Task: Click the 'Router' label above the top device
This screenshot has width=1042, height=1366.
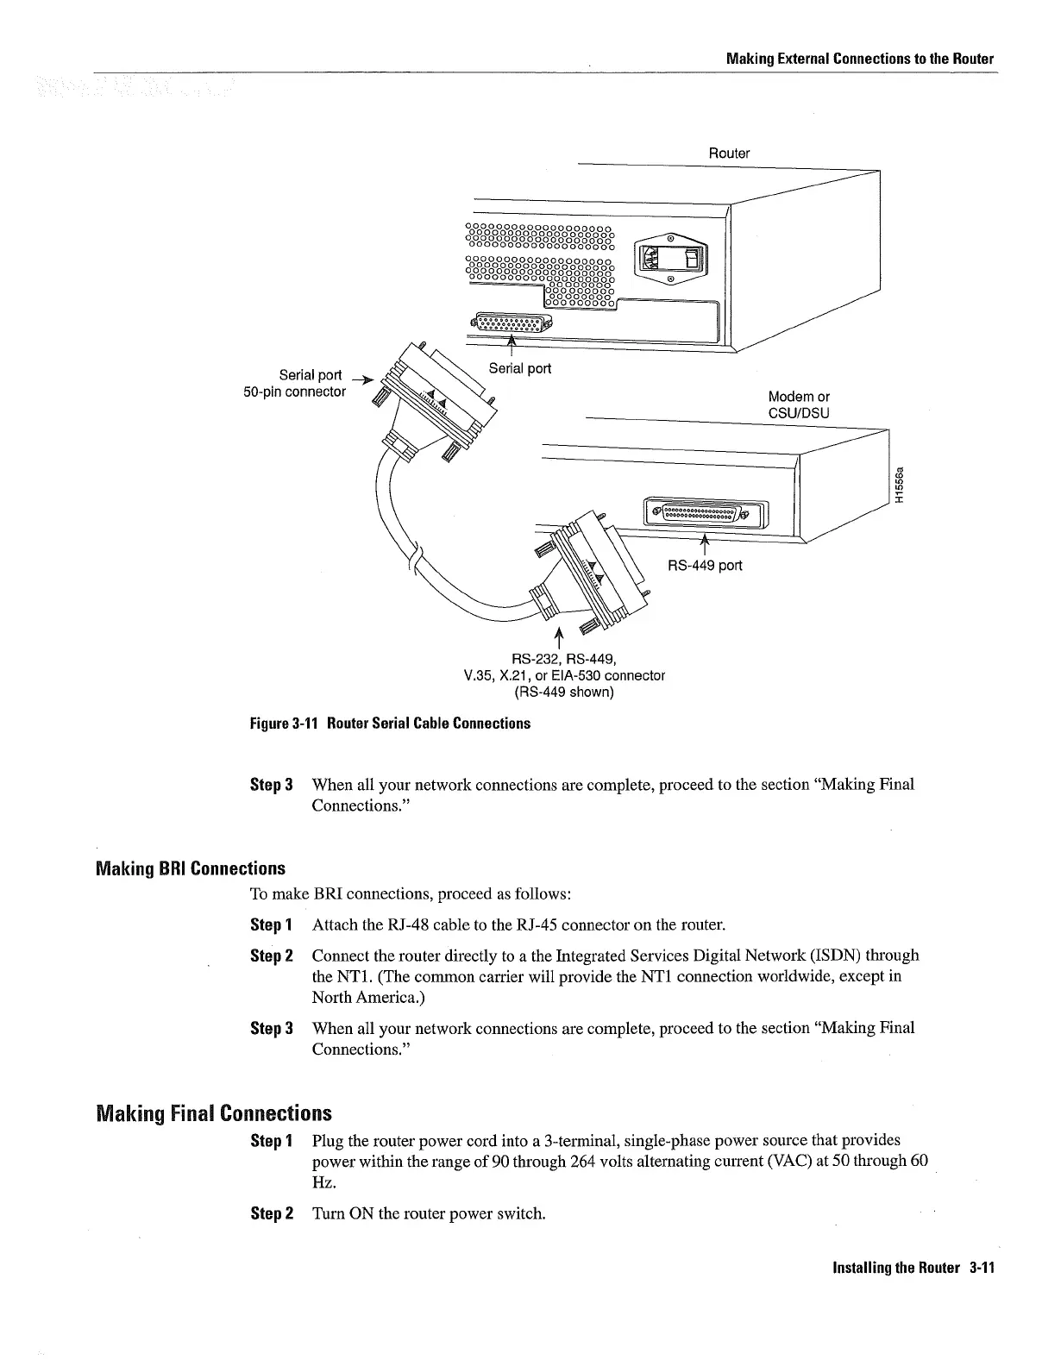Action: click(x=729, y=154)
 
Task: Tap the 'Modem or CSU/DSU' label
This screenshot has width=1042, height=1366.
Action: click(x=799, y=404)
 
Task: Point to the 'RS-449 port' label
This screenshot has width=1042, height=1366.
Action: click(x=704, y=566)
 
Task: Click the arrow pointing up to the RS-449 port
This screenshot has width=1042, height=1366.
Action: click(x=704, y=543)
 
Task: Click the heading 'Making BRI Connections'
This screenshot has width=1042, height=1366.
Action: click(x=190, y=868)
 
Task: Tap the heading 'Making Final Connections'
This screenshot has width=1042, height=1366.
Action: click(x=213, y=1112)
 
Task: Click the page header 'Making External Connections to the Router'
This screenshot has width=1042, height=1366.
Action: click(x=859, y=59)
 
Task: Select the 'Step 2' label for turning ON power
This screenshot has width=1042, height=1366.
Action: click(x=272, y=1213)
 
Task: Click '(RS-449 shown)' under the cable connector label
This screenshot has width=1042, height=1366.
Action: click(x=563, y=692)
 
